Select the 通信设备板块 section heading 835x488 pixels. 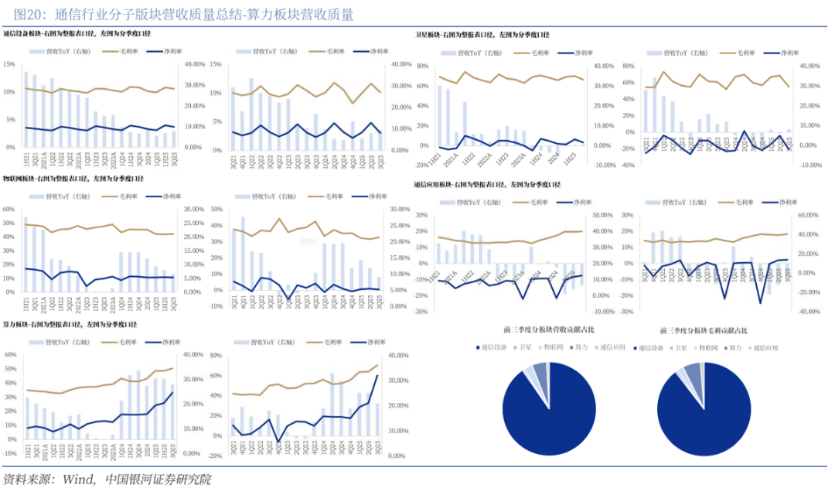pos(77,35)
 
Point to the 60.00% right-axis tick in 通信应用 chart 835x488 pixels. pos(807,215)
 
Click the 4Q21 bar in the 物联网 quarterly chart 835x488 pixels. pos(243,254)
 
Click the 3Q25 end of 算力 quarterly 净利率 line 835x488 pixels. pos(377,376)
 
